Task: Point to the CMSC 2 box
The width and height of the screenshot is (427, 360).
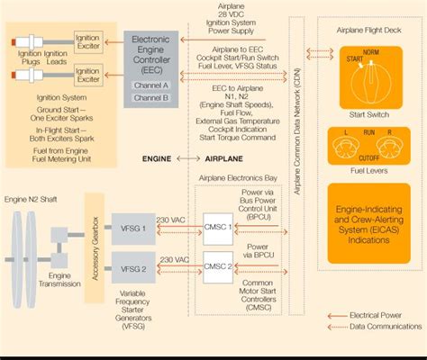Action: click(218, 266)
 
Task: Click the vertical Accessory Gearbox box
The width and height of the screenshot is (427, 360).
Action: click(94, 247)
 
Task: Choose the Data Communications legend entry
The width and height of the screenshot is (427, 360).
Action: click(384, 326)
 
